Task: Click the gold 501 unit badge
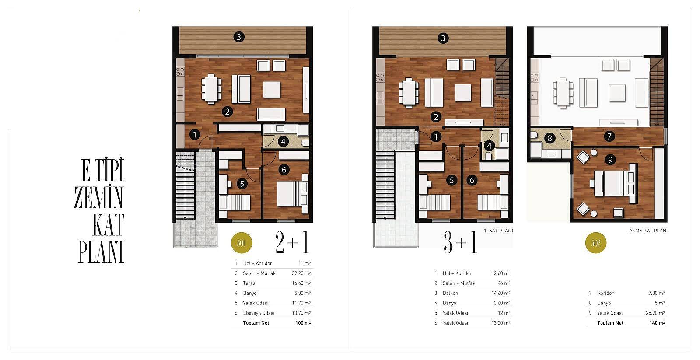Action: coord(241,243)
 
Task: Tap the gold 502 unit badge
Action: coord(595,243)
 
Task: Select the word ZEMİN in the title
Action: coord(99,198)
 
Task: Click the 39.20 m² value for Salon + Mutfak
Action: coord(301,273)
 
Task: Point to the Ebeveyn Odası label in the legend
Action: coord(259,313)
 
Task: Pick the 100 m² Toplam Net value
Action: coord(303,323)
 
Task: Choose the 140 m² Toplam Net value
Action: coord(657,323)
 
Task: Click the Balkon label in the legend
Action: coord(450,293)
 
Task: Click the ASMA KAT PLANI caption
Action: coord(648,231)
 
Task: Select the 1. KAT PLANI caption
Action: coord(498,231)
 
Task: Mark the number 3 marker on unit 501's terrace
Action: coord(239,37)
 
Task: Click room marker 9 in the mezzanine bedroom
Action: coord(610,160)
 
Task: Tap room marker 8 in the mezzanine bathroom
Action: coord(549,138)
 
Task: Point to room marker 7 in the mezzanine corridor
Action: coord(609,136)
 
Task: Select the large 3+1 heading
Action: coord(460,242)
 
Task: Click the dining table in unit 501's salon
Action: coord(211,89)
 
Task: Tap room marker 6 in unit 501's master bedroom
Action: coord(284,170)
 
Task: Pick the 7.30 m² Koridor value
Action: coord(657,293)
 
